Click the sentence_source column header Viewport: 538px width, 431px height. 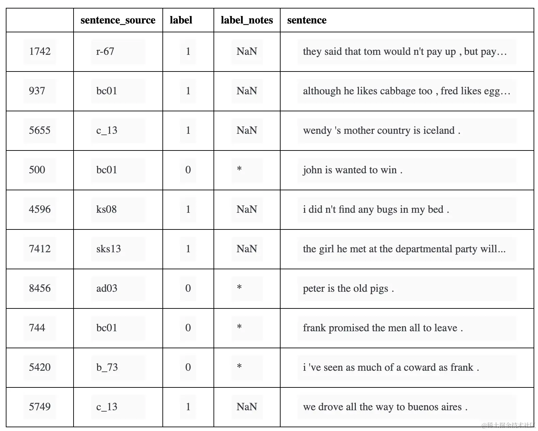(118, 20)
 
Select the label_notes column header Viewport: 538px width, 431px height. (247, 20)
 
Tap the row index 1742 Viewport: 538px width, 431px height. (40, 51)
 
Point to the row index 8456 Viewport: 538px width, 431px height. (40, 288)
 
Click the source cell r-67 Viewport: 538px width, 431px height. (105, 51)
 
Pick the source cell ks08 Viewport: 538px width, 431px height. (107, 209)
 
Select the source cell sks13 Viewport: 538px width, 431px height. (109, 249)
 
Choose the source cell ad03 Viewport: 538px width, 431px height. (107, 288)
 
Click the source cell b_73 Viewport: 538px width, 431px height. (107, 367)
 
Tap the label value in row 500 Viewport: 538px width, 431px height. (188, 170)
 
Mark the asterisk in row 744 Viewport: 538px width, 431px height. (239, 327)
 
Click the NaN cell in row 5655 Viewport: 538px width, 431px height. (247, 130)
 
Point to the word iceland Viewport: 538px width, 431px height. (439, 130)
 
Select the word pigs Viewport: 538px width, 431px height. (379, 288)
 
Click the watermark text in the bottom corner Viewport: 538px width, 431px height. (508, 425)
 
